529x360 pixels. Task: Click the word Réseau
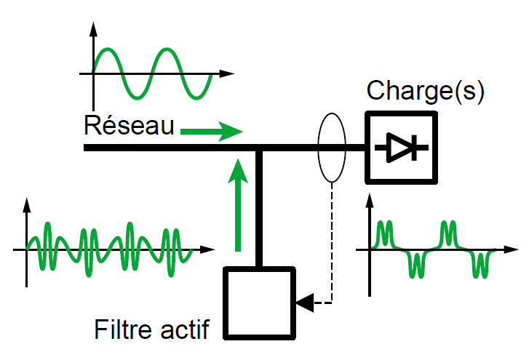(x=129, y=125)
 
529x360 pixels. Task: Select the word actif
(x=185, y=331)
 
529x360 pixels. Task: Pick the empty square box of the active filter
(x=260, y=302)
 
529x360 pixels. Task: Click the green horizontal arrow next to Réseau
(x=210, y=132)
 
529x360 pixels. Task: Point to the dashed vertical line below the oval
(x=332, y=240)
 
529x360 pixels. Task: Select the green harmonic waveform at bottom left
(x=109, y=249)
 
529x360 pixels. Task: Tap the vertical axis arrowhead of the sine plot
(x=92, y=29)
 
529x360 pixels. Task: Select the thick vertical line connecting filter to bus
(x=259, y=207)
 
